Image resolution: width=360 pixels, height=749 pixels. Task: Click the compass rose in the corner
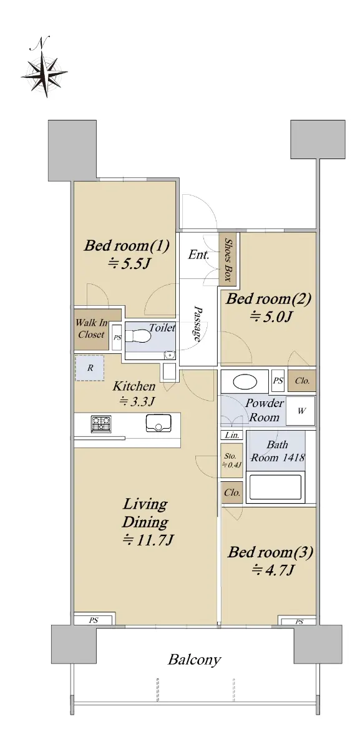[44, 73]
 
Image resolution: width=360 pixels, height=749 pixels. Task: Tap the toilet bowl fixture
[139, 336]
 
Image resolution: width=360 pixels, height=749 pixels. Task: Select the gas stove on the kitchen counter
[101, 424]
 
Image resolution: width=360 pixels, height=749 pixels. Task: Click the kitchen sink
[158, 423]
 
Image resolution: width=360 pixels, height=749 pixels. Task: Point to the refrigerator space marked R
[90, 368]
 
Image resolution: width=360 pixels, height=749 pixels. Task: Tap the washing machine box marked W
[301, 411]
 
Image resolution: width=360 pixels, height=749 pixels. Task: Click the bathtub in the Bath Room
[275, 487]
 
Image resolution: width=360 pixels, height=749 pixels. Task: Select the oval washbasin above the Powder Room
[245, 382]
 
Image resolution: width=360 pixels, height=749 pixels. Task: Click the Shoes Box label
[228, 259]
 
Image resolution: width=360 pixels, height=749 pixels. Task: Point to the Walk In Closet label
[91, 329]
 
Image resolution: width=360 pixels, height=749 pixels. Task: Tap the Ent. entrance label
[198, 255]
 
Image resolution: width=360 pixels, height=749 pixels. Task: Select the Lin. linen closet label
[232, 435]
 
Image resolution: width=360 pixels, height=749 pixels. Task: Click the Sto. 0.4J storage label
[231, 460]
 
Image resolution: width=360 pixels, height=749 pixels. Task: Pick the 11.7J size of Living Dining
[148, 540]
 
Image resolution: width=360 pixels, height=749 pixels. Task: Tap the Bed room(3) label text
[270, 552]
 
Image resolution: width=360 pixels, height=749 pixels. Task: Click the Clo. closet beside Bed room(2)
[302, 381]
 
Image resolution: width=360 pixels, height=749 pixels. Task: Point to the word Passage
[197, 324]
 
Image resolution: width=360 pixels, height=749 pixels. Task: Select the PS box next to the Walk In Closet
[117, 338]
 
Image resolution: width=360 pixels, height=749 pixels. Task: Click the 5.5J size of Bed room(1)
[129, 265]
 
